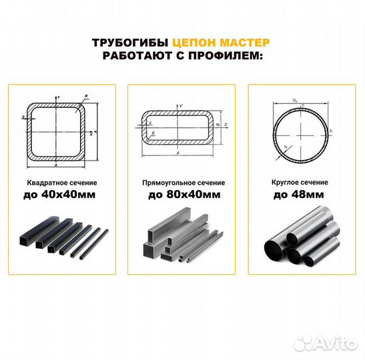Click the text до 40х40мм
click(x=60, y=195)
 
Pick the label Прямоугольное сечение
click(x=182, y=182)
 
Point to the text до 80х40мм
click(x=182, y=195)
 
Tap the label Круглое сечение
click(x=300, y=182)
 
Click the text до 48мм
click(x=300, y=195)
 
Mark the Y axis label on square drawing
click(x=59, y=98)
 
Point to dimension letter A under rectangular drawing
click(x=177, y=153)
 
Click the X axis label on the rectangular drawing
click(x=226, y=124)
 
